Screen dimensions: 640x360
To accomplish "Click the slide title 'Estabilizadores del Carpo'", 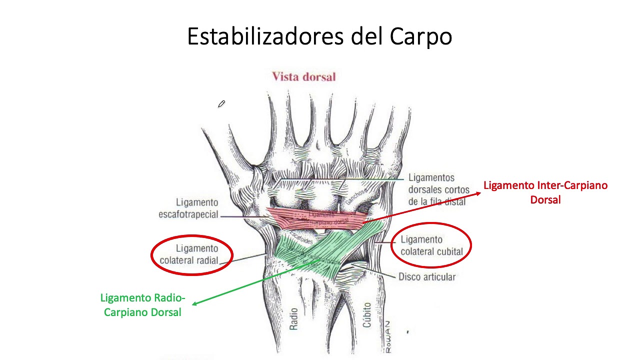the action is coord(319,36).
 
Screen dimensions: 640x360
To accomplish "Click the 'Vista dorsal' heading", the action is coord(303,76).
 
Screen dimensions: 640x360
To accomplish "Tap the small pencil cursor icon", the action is coord(221,104).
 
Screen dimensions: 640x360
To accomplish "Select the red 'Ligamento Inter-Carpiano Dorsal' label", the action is coord(545,192).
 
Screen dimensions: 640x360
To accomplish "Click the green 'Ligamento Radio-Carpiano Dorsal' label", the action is coord(142,305).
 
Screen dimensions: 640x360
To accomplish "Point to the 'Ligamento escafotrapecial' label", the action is coord(188,208).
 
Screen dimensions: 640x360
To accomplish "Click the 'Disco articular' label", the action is coord(426,276).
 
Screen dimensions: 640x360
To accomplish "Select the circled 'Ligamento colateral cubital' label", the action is coord(431,245).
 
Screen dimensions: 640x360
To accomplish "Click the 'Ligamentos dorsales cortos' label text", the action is coord(438,189).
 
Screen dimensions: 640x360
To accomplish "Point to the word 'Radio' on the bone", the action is coord(293,318).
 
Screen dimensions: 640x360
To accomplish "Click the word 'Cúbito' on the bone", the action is coord(367,314).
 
